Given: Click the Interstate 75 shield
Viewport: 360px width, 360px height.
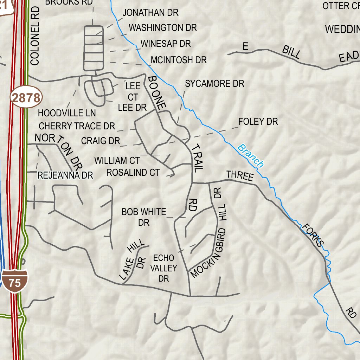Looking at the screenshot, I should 15,281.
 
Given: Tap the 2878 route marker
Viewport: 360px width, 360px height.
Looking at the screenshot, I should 26,98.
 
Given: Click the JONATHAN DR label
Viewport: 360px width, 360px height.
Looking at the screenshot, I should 150,13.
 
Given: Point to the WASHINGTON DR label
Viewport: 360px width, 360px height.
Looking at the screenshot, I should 163,27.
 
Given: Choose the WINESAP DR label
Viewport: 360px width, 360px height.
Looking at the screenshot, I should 166,44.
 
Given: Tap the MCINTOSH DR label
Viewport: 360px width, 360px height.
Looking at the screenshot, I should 179,60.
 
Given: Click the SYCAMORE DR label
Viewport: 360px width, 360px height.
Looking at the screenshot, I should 214,84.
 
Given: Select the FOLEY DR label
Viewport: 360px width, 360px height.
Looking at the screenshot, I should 258,122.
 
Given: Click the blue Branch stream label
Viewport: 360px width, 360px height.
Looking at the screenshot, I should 251,155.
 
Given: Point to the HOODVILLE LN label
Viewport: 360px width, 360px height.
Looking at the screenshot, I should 67,113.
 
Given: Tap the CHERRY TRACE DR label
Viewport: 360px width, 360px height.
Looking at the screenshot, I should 77,126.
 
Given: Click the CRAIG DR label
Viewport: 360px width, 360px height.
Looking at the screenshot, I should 101,141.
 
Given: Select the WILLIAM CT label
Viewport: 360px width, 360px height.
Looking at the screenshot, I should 117,161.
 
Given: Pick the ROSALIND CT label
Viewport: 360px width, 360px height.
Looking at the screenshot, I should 133,172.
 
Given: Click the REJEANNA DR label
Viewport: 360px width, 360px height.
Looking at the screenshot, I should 65,175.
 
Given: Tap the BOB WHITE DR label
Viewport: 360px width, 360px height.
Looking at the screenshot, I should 144,217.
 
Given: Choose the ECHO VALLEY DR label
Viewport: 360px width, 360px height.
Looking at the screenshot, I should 163,268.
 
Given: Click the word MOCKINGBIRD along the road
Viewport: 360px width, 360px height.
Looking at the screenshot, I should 208,252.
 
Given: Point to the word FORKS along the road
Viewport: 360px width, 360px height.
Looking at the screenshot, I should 313,235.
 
